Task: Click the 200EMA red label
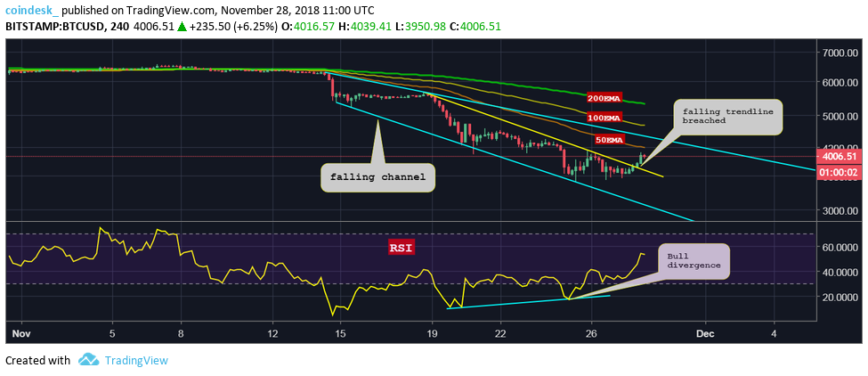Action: coord(603,97)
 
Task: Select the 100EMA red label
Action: coord(603,118)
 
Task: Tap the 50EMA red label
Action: coord(609,140)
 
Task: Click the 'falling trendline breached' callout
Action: coord(728,117)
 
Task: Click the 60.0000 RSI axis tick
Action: coord(840,247)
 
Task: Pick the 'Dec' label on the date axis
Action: coord(705,334)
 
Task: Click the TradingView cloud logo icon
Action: coord(88,360)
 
